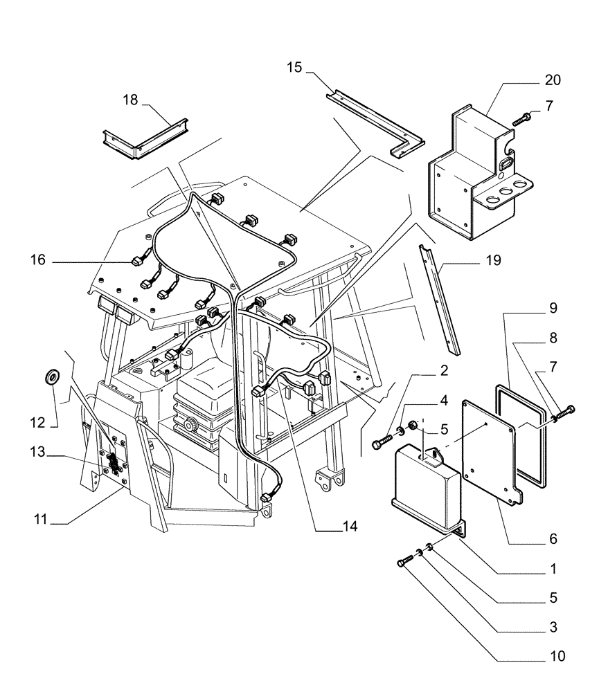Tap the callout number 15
pos(294,66)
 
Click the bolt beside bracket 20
pos(521,119)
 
